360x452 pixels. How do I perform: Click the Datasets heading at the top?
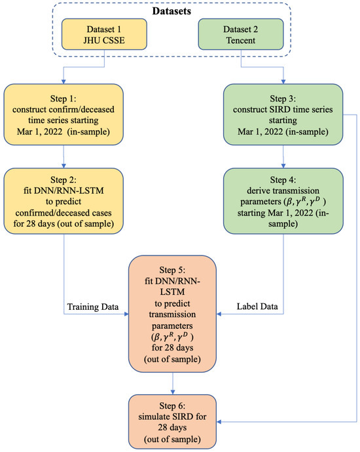pyautogui.click(x=179, y=11)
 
